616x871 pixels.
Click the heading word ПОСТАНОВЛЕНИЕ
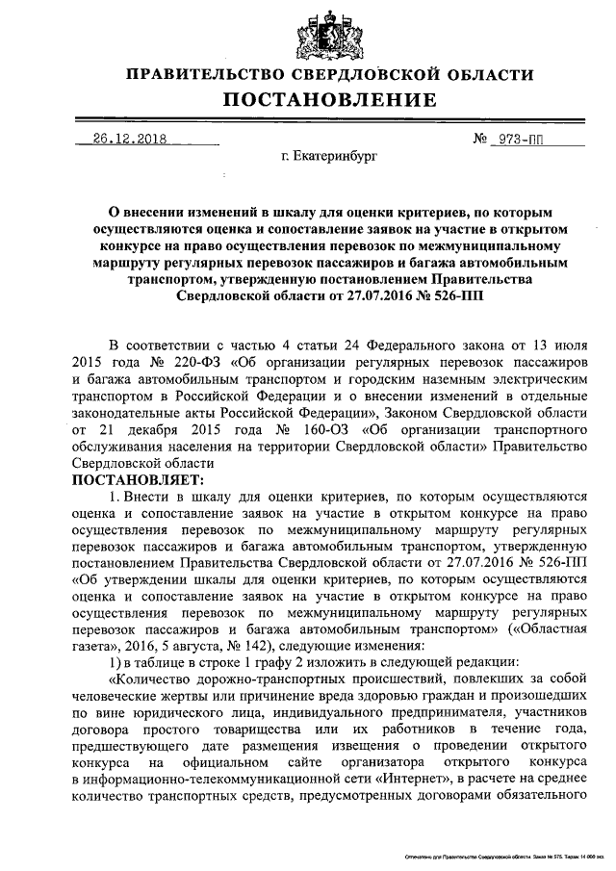pyautogui.click(x=330, y=100)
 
